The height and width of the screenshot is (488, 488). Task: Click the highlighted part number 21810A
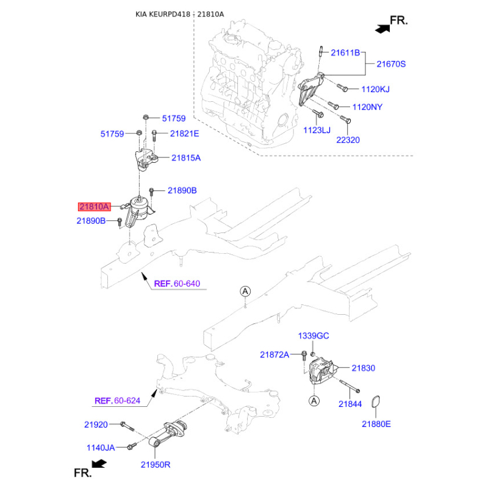93,207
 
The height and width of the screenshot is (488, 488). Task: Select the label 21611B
345,53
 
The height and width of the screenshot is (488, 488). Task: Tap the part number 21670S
390,63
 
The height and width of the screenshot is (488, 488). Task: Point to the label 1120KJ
375,90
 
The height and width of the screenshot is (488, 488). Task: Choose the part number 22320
348,140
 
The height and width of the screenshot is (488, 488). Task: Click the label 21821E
184,133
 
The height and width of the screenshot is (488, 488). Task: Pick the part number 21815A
185,157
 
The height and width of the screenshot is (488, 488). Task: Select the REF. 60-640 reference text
177,284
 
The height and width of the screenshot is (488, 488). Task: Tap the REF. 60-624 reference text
118,401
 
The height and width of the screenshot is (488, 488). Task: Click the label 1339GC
314,336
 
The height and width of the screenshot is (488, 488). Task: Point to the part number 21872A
274,354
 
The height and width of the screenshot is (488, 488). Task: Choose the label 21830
363,368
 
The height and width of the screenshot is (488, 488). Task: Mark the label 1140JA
99,447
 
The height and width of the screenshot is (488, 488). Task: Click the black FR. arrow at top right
382,27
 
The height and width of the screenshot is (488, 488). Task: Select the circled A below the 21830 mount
314,401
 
